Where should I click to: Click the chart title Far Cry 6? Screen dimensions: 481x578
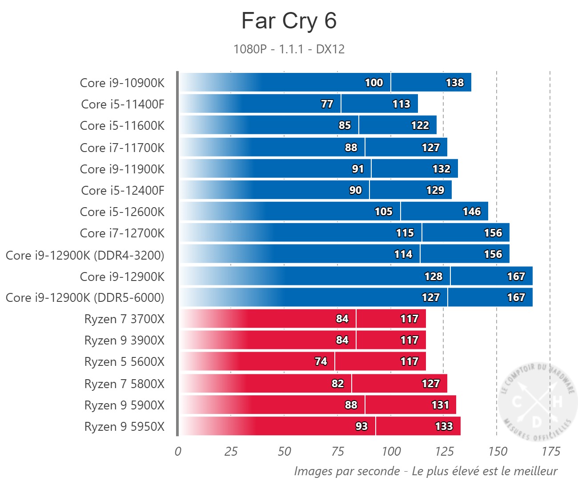[289, 21]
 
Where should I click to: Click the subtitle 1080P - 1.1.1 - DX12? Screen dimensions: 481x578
[289, 49]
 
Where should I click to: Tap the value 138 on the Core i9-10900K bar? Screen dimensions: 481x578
[454, 83]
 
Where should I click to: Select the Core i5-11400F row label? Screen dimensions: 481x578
[123, 104]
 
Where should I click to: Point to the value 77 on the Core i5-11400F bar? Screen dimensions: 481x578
[327, 104]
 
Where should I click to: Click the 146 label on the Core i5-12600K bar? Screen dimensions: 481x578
[471, 212]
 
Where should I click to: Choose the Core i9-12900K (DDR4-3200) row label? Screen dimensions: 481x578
[85, 255]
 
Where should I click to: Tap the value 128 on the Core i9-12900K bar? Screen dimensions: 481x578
[433, 277]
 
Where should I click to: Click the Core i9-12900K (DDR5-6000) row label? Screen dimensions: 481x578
[85, 297]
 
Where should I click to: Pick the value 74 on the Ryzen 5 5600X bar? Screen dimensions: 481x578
[321, 361]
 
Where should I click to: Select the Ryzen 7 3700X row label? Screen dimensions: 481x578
[124, 319]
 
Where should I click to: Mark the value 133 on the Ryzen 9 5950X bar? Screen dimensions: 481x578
[444, 426]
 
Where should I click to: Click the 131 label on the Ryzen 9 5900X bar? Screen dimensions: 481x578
[440, 405]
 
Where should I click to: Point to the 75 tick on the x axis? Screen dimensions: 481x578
[337, 452]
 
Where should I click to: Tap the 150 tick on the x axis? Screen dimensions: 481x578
[497, 452]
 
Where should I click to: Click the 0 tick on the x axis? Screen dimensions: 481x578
[178, 452]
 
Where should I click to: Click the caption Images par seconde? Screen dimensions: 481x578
[347, 471]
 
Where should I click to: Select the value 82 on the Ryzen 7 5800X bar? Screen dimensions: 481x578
[337, 384]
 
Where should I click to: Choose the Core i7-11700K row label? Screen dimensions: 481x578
[122, 148]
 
